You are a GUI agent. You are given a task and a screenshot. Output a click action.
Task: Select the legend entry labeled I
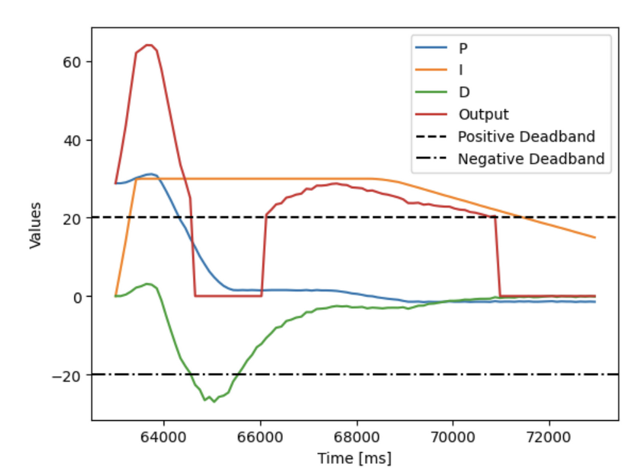point(461,70)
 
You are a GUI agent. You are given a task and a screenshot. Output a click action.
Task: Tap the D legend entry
point(463,92)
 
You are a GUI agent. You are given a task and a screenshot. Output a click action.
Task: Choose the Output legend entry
point(483,114)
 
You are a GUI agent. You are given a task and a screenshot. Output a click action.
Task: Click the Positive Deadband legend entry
point(526,137)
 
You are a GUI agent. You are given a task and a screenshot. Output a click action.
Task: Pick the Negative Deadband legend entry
point(531,159)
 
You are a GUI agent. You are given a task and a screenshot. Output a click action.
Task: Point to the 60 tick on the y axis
point(73,62)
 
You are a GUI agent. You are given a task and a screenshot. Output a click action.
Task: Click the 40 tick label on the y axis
point(73,140)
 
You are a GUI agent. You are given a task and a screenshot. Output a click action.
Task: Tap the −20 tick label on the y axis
point(68,375)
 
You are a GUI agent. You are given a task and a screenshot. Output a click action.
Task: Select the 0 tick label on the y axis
point(76,297)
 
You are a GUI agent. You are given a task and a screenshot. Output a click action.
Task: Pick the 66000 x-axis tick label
point(260,435)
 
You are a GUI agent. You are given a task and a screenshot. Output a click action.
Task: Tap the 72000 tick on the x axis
point(548,435)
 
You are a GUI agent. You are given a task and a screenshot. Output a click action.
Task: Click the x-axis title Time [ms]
point(354,458)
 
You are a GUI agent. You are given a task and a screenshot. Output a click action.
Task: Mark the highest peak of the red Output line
point(148,45)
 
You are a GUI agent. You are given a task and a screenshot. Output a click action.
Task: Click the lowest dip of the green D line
point(214,401)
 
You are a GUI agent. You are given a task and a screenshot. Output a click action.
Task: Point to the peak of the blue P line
point(150,174)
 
